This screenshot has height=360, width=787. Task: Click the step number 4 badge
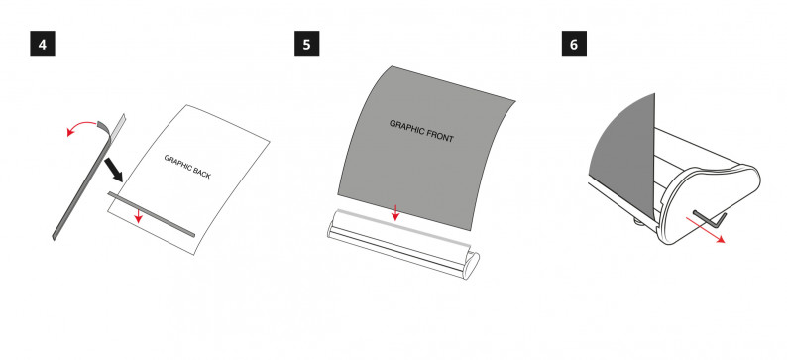(43, 44)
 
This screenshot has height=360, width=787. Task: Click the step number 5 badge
(306, 44)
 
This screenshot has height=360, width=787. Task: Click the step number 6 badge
(574, 44)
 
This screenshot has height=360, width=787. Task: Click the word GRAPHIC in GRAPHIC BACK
(176, 163)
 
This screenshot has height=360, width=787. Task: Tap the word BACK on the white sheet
(201, 174)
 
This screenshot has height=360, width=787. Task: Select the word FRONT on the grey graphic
(440, 135)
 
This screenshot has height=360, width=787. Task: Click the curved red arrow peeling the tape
(81, 125)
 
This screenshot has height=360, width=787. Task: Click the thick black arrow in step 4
(113, 171)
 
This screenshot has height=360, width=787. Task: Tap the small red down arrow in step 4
(139, 215)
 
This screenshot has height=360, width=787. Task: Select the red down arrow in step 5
(395, 212)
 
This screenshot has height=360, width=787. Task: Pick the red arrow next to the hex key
(705, 230)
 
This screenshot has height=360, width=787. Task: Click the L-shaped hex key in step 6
(711, 219)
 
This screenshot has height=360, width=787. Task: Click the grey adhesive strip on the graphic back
(151, 213)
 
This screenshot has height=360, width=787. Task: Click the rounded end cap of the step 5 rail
(471, 263)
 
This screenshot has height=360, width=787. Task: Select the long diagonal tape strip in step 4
(89, 178)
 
